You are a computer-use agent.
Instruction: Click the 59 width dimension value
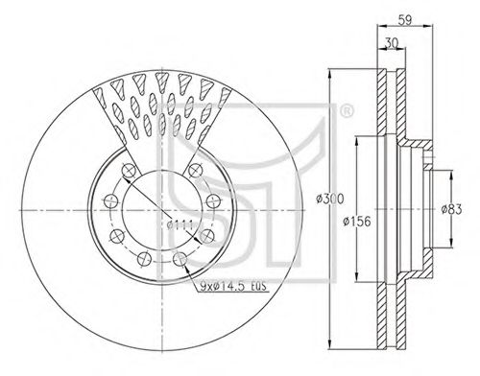(x=405, y=20)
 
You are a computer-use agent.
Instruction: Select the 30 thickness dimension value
(x=391, y=43)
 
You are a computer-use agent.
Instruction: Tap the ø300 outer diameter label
(x=329, y=199)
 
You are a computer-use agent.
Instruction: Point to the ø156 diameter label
(x=357, y=221)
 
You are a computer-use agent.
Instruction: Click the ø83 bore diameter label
(x=451, y=209)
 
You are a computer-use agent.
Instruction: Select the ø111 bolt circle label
(x=180, y=225)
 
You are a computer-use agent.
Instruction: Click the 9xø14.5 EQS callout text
(x=233, y=287)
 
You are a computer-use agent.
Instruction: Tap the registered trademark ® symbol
(x=346, y=111)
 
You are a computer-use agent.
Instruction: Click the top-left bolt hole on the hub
(x=129, y=170)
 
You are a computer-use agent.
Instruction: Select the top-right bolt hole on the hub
(x=195, y=170)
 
